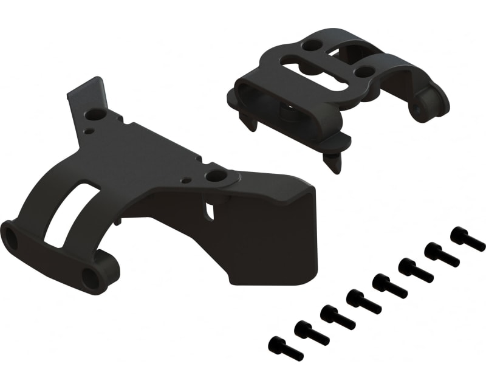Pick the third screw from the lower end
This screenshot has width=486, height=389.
click(x=337, y=317)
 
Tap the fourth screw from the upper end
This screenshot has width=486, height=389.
click(x=389, y=285)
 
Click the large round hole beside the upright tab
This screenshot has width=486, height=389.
click(x=95, y=114)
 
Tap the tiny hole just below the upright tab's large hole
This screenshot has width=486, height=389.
click(x=90, y=130)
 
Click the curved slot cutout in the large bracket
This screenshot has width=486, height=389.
click(x=72, y=213)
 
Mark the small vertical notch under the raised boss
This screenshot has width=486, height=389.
click(x=210, y=210)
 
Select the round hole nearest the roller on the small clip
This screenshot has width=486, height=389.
click(x=365, y=71)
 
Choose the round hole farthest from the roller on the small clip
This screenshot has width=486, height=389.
click(x=312, y=45)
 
